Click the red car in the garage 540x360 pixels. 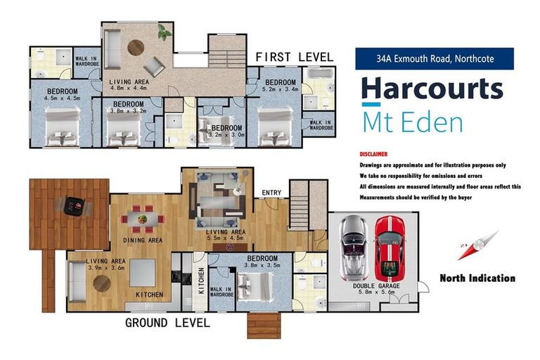(x=390, y=249)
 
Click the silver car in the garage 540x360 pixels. (x=353, y=248)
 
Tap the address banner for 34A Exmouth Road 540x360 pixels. (x=435, y=58)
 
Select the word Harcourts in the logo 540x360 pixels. (x=432, y=89)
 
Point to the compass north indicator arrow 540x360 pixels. (x=478, y=245)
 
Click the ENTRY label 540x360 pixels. (x=271, y=193)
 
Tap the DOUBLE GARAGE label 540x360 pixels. (x=376, y=286)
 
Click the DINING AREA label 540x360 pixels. (x=143, y=240)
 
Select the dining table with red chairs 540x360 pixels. (x=143, y=219)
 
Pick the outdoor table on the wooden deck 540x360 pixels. (x=73, y=206)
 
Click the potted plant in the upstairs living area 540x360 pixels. (x=165, y=32)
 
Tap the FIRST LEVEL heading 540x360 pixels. (x=295, y=57)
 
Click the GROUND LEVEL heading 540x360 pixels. (x=167, y=323)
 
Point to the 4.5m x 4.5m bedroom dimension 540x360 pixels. (x=62, y=98)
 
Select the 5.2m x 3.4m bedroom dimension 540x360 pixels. (x=281, y=89)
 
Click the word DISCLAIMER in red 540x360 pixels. (x=373, y=154)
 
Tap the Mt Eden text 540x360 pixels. (x=413, y=122)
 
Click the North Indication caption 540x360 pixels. (x=477, y=278)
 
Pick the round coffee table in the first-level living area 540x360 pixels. (x=136, y=48)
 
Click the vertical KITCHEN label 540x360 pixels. (x=202, y=281)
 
